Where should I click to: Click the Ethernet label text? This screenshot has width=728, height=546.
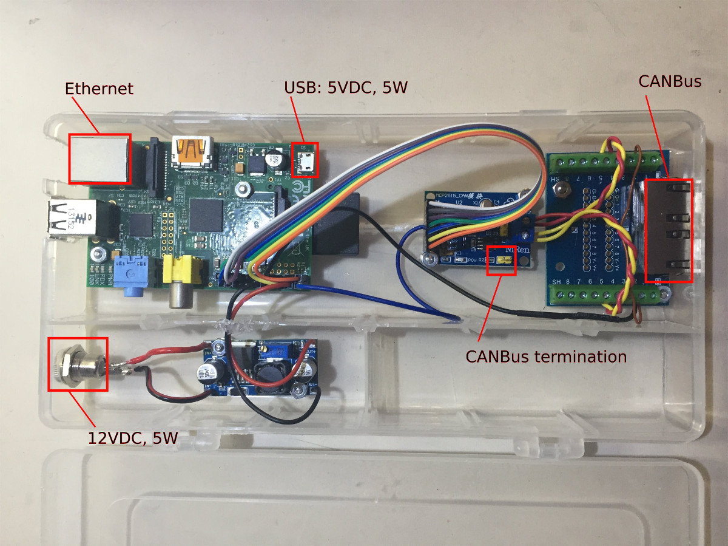[99, 89]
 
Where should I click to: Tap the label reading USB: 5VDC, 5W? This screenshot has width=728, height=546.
[346, 87]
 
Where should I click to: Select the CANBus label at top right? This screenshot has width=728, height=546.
[670, 81]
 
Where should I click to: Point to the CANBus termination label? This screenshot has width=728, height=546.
[546, 356]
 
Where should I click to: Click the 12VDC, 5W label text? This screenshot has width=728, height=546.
[133, 437]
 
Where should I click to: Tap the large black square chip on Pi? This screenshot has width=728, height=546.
[206, 214]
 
